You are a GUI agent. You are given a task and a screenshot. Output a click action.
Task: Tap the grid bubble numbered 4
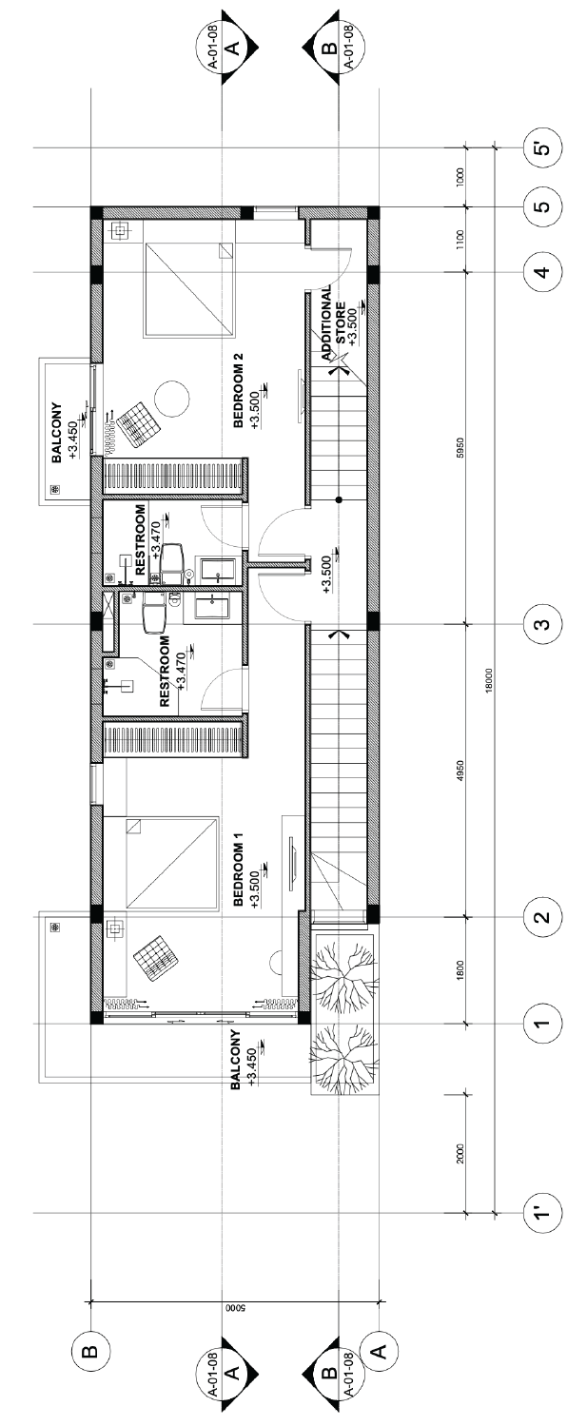pos(541,272)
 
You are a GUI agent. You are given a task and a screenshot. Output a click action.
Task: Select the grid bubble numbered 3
pos(541,624)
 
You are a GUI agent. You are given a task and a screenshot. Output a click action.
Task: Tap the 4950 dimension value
pos(460,771)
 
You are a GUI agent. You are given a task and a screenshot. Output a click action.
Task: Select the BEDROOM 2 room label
pos(240,390)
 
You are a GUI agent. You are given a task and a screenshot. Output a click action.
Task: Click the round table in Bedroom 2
pos(172,398)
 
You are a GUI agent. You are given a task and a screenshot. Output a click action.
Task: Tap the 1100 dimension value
pos(460,240)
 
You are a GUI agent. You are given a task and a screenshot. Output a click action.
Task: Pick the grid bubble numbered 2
pos(541,917)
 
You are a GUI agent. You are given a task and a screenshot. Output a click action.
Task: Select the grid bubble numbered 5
pos(541,206)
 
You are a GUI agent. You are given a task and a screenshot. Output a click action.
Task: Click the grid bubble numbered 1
pos(541,1024)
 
